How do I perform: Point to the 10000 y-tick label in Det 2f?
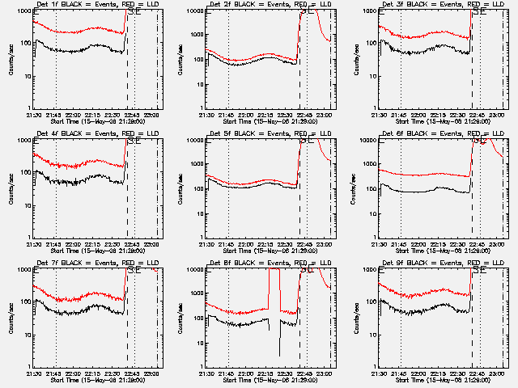pyautogui.click(x=193, y=11)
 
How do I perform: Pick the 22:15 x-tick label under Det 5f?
pyautogui.click(x=266, y=242)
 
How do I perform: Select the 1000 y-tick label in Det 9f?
pyautogui.click(x=367, y=269)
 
